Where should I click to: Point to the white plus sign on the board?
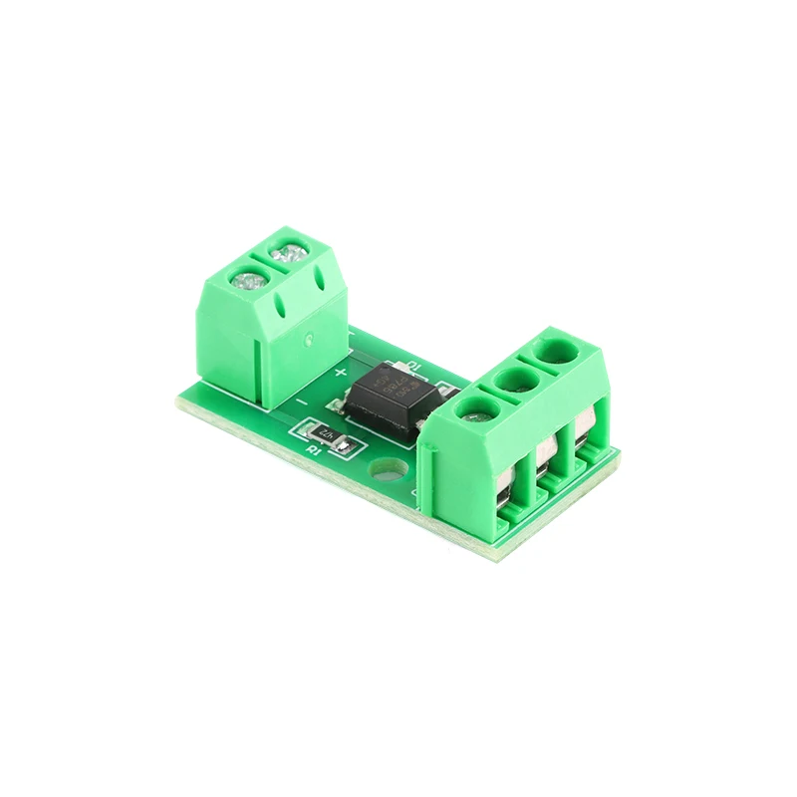tap(341, 373)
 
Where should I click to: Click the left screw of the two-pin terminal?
tap(245, 279)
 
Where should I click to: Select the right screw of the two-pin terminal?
tap(290, 252)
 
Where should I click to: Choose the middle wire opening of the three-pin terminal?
tap(547, 459)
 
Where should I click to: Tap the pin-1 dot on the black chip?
tap(373, 382)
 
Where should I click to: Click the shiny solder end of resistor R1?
tap(343, 448)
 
